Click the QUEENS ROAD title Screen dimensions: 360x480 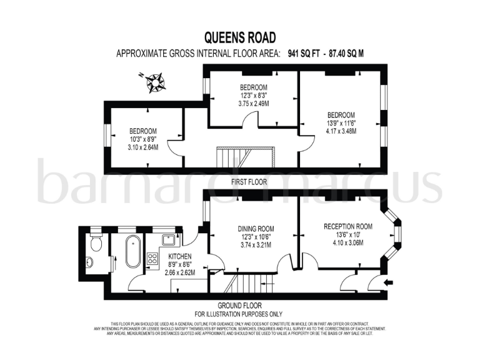coord(240,38)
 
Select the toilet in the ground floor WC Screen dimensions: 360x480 coord(94,244)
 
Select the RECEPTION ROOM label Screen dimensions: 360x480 coord(348,226)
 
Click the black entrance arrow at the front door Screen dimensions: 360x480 coord(389,282)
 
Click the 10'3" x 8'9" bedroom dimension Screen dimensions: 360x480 coord(142,139)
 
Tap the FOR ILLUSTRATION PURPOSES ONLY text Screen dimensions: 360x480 coord(239,314)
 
